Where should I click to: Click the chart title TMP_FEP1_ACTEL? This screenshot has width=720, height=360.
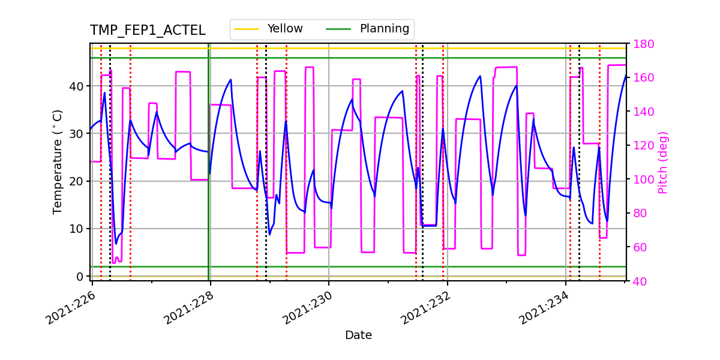(x=148, y=31)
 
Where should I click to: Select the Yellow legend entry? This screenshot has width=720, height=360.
(x=284, y=29)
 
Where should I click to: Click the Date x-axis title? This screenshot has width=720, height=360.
(x=358, y=335)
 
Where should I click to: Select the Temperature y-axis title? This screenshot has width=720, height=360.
(x=58, y=161)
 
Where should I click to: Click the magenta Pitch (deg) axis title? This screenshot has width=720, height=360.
(x=663, y=162)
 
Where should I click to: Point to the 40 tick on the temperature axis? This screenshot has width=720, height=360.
(x=77, y=86)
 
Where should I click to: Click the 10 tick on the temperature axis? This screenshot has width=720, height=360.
(x=77, y=229)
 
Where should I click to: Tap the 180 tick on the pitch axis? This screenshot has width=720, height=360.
(x=640, y=44)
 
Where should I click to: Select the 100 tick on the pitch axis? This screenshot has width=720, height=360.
(x=640, y=179)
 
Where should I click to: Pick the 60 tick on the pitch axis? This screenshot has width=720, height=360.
(x=637, y=247)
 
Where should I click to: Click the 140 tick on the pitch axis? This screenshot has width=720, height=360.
(x=640, y=112)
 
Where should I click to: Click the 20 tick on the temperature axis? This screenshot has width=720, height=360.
(x=77, y=181)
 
